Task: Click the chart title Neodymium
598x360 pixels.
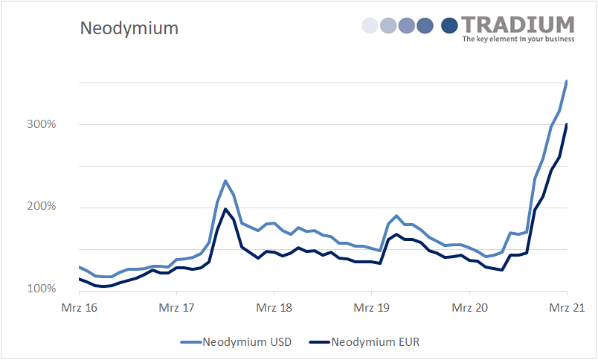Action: pyautogui.click(x=129, y=29)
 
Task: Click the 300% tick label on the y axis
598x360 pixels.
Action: pyautogui.click(x=42, y=124)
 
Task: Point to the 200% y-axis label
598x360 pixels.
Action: pyautogui.click(x=42, y=206)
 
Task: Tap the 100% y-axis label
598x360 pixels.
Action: pyautogui.click(x=42, y=289)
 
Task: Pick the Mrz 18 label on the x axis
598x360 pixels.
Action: pyautogui.click(x=274, y=307)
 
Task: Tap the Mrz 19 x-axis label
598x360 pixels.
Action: pyautogui.click(x=372, y=307)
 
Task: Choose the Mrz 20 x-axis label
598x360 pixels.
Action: pyautogui.click(x=469, y=307)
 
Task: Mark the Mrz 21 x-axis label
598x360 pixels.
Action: pyautogui.click(x=567, y=307)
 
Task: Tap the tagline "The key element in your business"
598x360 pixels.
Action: pyautogui.click(x=518, y=39)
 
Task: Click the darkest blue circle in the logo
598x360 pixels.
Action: pyautogui.click(x=449, y=26)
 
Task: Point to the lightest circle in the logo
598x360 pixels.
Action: pyautogui.click(x=370, y=26)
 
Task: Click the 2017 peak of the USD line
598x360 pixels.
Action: pyautogui.click(x=225, y=181)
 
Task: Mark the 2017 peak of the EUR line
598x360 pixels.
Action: pyautogui.click(x=225, y=209)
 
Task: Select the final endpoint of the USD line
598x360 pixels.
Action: pyautogui.click(x=567, y=80)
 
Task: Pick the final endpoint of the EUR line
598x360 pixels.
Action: pyautogui.click(x=567, y=124)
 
